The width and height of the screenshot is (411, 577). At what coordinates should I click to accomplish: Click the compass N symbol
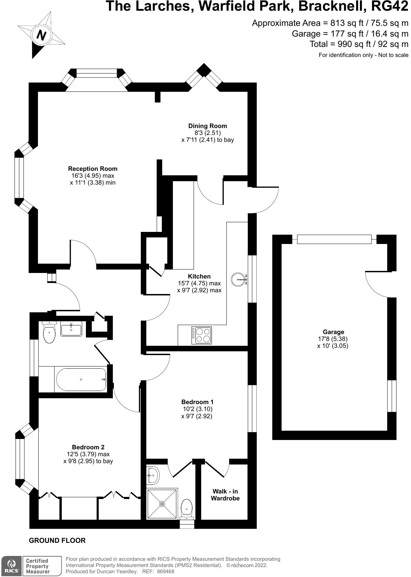click(x=41, y=35)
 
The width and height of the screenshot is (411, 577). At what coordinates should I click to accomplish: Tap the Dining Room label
click(x=207, y=126)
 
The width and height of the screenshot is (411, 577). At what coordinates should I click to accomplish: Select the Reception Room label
click(x=92, y=169)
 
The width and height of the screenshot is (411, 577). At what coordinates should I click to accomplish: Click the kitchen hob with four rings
click(x=202, y=335)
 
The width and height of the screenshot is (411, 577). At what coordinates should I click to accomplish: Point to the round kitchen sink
click(x=238, y=280)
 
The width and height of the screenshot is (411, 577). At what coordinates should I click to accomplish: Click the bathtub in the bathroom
click(x=81, y=379)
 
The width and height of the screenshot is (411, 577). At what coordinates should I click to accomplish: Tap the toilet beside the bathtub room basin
click(x=50, y=332)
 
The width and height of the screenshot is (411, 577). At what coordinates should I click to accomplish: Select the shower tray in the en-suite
click(x=162, y=504)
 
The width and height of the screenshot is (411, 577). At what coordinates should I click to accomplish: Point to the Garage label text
click(x=333, y=332)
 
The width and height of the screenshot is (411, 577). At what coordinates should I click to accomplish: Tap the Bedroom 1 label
click(x=197, y=402)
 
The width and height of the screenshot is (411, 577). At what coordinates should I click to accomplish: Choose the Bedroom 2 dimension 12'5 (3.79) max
click(x=88, y=454)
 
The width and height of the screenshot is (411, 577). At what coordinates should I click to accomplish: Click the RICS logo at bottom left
click(x=10, y=566)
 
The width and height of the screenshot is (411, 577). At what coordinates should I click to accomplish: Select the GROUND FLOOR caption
click(x=57, y=540)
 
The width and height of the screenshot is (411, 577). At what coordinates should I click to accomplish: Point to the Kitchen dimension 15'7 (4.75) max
click(x=199, y=283)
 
